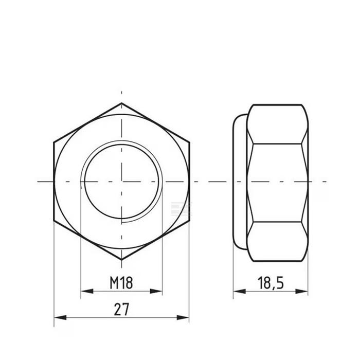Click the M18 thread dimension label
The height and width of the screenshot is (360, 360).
point(121,282)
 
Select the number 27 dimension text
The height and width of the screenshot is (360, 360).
point(121,310)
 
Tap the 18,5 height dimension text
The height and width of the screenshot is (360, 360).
point(271,282)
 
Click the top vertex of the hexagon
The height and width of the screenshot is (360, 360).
point(121,103)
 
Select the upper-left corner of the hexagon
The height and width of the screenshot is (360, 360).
point(54,141)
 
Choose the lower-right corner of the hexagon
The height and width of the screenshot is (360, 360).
point(189,221)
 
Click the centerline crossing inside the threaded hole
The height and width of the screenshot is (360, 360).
point(121,181)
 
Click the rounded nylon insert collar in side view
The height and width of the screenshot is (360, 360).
point(240,181)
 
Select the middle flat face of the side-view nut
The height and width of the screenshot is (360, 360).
point(277,182)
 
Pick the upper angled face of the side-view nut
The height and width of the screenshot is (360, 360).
point(277,123)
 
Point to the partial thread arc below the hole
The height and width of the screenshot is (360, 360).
point(139,219)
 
